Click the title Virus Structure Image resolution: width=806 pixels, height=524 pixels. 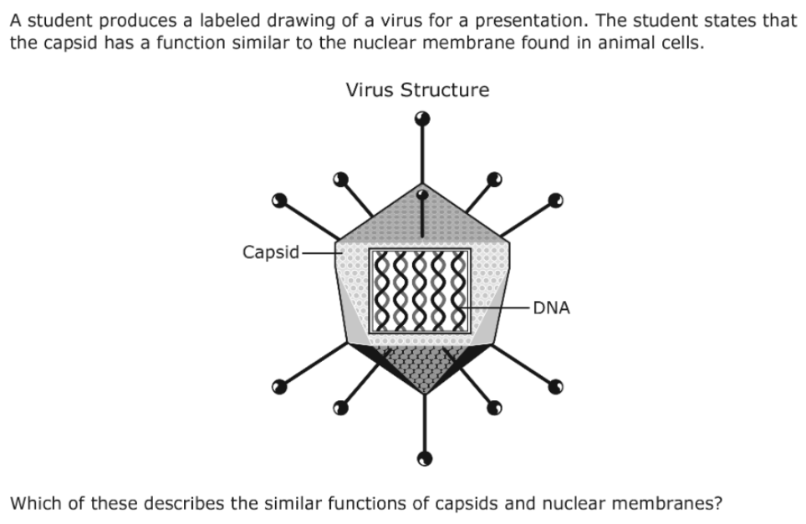(x=417, y=90)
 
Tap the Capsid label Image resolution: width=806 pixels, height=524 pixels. (x=270, y=252)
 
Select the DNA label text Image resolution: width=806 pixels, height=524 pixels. (x=552, y=308)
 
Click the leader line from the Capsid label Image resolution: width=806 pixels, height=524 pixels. (x=322, y=253)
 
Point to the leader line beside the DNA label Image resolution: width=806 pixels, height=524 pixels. (x=494, y=308)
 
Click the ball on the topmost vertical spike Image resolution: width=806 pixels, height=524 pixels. (x=422, y=119)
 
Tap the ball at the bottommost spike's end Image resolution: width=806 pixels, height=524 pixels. (x=424, y=458)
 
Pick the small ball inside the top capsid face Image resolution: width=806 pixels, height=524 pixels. (x=422, y=195)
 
